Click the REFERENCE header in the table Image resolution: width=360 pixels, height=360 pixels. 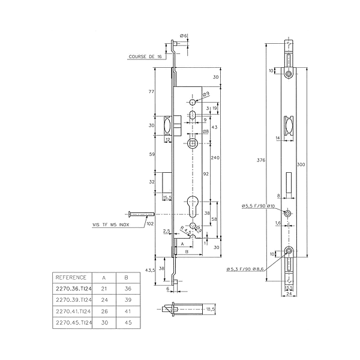71,278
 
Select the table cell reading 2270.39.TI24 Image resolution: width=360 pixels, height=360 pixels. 74,299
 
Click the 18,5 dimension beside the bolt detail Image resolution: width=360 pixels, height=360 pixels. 210,308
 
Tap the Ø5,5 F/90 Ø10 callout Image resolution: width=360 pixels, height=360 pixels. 259,206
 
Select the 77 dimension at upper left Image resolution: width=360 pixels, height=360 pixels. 152,91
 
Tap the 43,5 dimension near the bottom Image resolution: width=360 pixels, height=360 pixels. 151,270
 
